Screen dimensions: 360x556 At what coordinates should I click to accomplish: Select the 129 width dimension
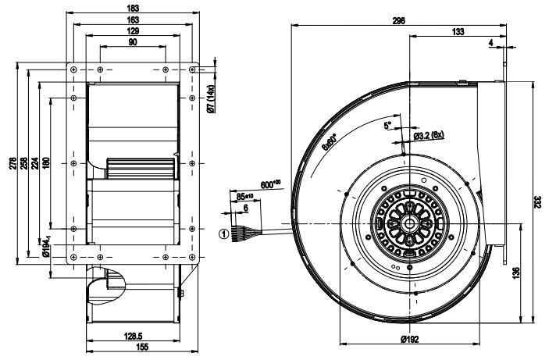(133, 30)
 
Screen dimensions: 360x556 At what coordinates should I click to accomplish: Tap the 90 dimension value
(133, 42)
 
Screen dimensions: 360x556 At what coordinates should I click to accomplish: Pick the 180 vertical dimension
(45, 165)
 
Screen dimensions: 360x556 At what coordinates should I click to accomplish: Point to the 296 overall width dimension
(399, 21)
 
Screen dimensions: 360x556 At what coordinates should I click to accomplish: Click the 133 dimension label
(458, 33)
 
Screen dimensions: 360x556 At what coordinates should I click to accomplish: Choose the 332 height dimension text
(535, 201)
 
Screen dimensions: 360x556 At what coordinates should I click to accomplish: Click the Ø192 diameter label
(411, 340)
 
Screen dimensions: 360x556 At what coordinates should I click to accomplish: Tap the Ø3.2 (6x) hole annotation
(429, 136)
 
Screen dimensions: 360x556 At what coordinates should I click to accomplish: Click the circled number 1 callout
(223, 232)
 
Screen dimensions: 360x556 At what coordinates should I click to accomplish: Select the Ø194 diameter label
(45, 247)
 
